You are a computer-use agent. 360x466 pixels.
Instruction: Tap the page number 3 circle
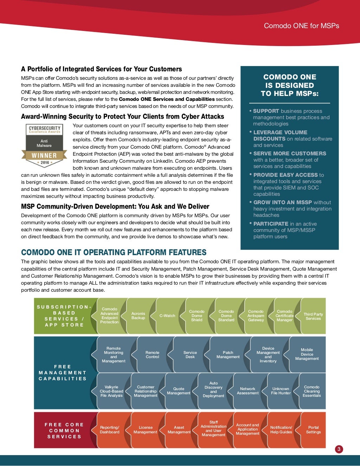point(339,449)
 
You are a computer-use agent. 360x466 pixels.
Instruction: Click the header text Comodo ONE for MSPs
point(301,26)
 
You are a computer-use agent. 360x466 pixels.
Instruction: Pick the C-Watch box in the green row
point(167,316)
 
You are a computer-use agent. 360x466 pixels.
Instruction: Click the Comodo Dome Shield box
point(197,316)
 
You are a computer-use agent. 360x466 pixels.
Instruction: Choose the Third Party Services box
point(313,316)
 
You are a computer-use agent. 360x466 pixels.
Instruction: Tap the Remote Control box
point(152,355)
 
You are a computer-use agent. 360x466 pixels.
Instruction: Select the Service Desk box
point(190,355)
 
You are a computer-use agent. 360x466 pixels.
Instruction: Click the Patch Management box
point(228,355)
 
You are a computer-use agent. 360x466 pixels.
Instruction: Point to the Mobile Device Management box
point(307,354)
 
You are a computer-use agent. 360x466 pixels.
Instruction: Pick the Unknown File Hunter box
point(281,391)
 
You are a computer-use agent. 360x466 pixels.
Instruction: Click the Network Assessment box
point(247,391)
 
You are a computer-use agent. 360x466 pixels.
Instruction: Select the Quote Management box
point(179,391)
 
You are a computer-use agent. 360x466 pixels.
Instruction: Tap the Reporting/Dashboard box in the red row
point(110,430)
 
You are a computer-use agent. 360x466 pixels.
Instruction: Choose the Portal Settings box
point(313,430)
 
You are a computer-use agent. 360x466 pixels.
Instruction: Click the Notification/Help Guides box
point(281,430)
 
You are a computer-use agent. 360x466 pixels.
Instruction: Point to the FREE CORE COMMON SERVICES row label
point(64,431)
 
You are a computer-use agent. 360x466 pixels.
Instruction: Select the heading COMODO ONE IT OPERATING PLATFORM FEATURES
point(114,252)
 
